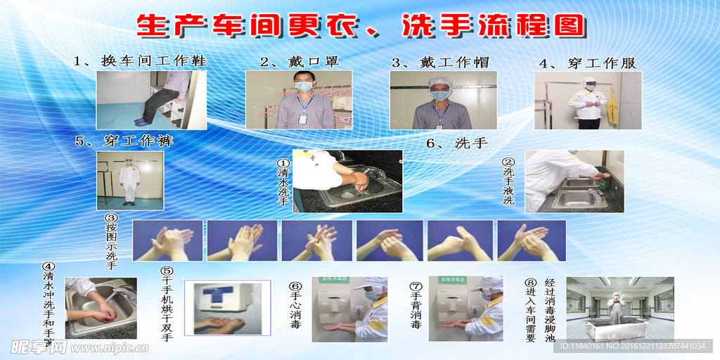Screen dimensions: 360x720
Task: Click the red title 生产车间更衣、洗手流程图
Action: (x=360, y=27)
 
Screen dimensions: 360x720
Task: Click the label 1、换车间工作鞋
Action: (x=141, y=61)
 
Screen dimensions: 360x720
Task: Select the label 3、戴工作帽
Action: (x=440, y=62)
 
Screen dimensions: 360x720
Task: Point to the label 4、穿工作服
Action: (x=587, y=63)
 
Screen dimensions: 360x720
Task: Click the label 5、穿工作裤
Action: (x=124, y=141)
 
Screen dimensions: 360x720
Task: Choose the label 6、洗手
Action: (x=457, y=143)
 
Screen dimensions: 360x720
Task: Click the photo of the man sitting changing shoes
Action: (x=151, y=100)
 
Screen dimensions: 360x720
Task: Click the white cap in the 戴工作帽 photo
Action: (x=440, y=83)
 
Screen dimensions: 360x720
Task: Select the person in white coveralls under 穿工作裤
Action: (x=129, y=181)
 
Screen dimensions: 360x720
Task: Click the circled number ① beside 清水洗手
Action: (x=283, y=162)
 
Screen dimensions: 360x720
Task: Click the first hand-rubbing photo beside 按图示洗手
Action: (x=167, y=240)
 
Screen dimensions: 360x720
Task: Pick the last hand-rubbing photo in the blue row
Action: (x=531, y=240)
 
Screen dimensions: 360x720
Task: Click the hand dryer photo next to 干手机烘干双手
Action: (x=227, y=307)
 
